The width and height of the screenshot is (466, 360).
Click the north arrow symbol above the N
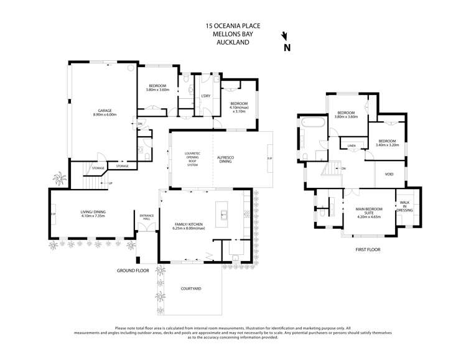pyautogui.click(x=284, y=36)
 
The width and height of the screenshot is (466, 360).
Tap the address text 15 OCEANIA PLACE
pyautogui.click(x=233, y=26)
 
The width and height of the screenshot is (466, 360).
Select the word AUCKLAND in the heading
pyautogui.click(x=233, y=42)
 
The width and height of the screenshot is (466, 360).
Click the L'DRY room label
pyautogui.click(x=205, y=95)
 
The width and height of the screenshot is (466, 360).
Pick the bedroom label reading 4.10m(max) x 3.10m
pyautogui.click(x=239, y=107)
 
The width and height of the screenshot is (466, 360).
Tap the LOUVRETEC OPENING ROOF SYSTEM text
pyautogui.click(x=192, y=159)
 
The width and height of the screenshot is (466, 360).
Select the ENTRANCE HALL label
pyautogui.click(x=146, y=218)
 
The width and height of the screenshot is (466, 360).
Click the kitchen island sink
pyautogui.click(x=223, y=215)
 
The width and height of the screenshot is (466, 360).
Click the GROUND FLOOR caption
pyautogui.click(x=133, y=271)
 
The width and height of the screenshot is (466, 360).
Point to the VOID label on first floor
pyautogui.click(x=389, y=174)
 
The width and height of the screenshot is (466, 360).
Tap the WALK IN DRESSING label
pyautogui.click(x=404, y=206)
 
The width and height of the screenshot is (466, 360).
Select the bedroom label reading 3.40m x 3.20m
pyautogui.click(x=387, y=142)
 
